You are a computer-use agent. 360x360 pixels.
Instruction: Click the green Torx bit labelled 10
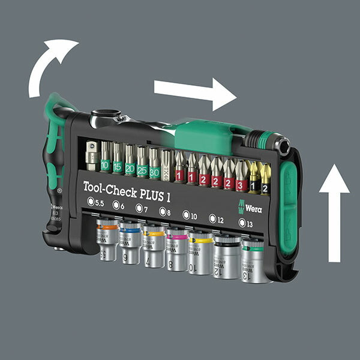tap(106, 158)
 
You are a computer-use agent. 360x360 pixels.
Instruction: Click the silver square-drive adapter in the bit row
tap(92, 155)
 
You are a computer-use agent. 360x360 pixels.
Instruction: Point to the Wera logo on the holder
tap(252, 208)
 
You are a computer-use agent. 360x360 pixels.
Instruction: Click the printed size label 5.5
tap(96, 202)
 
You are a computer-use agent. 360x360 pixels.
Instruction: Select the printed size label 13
tap(245, 223)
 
